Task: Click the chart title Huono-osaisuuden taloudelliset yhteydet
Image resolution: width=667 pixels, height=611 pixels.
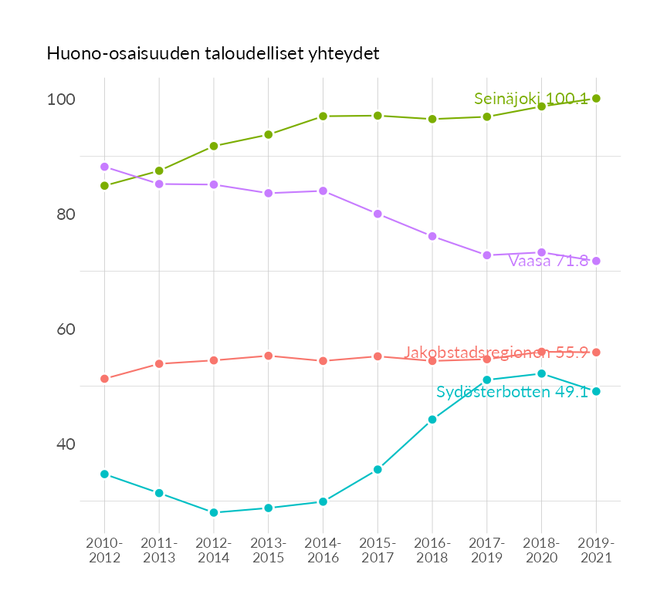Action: [213, 54]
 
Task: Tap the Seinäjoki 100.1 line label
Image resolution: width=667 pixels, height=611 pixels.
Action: [530, 99]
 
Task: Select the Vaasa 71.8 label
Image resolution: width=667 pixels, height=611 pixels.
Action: [548, 261]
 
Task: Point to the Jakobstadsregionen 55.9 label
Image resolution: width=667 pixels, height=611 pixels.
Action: [496, 353]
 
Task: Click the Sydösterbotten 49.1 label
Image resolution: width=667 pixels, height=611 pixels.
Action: [512, 392]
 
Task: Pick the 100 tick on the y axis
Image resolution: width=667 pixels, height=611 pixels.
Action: [60, 100]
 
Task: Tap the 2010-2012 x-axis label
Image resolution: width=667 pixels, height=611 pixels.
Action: [104, 551]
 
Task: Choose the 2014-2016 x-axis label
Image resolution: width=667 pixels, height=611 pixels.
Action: [323, 551]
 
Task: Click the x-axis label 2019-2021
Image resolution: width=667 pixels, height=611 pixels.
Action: [596, 551]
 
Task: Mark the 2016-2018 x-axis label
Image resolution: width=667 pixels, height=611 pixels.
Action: [432, 551]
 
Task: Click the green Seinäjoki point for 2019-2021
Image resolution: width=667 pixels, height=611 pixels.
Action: [596, 98]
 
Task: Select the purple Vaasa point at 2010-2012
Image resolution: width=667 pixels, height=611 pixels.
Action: [104, 167]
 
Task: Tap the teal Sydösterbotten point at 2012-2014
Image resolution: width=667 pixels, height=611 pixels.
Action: [214, 512]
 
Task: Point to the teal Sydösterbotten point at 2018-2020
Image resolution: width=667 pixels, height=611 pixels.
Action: [541, 373]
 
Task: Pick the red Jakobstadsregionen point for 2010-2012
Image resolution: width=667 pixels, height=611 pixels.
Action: [104, 379]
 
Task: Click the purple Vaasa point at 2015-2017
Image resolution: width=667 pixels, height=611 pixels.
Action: [378, 214]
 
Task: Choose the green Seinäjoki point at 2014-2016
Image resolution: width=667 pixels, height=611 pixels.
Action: [323, 116]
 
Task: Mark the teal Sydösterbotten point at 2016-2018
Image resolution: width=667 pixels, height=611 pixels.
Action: [432, 420]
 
